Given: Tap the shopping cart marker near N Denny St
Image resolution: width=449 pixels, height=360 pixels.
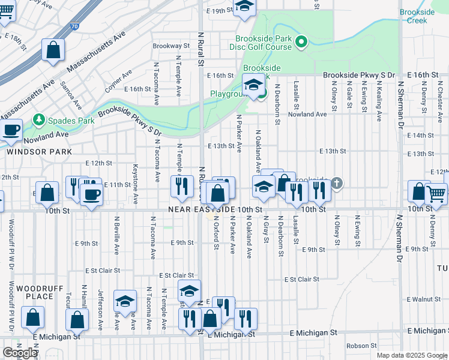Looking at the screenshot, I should (x=436, y=194).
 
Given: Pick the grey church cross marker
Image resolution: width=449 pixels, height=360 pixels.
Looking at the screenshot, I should (x=337, y=183).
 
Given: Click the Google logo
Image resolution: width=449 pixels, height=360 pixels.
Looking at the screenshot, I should (x=20, y=353).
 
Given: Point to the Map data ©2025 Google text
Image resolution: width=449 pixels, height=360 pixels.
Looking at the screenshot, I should (x=411, y=355).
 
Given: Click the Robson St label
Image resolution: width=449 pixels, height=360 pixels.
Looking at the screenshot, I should (x=361, y=346).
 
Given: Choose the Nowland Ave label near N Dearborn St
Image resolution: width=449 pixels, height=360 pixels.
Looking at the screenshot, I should (x=307, y=114).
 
